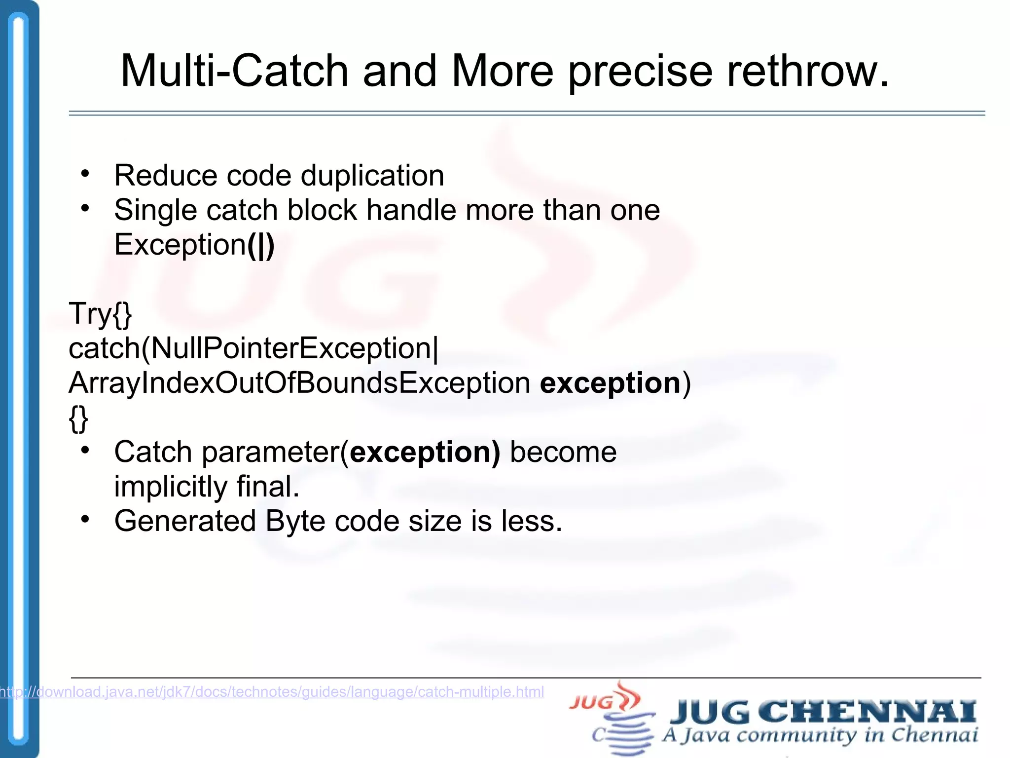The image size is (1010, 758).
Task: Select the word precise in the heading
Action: click(641, 72)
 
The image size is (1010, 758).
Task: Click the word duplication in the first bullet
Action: click(372, 176)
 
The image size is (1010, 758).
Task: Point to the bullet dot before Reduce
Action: click(85, 174)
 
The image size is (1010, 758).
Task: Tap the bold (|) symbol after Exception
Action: click(260, 245)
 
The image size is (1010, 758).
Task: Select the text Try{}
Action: click(100, 314)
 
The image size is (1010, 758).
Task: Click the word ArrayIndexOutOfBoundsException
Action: click(299, 383)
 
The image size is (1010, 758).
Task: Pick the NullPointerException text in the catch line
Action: click(291, 348)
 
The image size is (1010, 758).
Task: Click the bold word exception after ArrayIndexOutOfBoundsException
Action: click(610, 383)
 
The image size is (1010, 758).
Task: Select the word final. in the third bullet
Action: click(268, 487)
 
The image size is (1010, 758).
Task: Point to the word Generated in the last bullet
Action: click(185, 521)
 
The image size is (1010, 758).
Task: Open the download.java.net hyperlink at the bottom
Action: click(272, 692)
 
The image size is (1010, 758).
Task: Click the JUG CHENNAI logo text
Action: click(823, 712)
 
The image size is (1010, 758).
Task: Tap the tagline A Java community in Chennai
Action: click(820, 735)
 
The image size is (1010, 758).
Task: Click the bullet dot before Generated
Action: click(85, 519)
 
